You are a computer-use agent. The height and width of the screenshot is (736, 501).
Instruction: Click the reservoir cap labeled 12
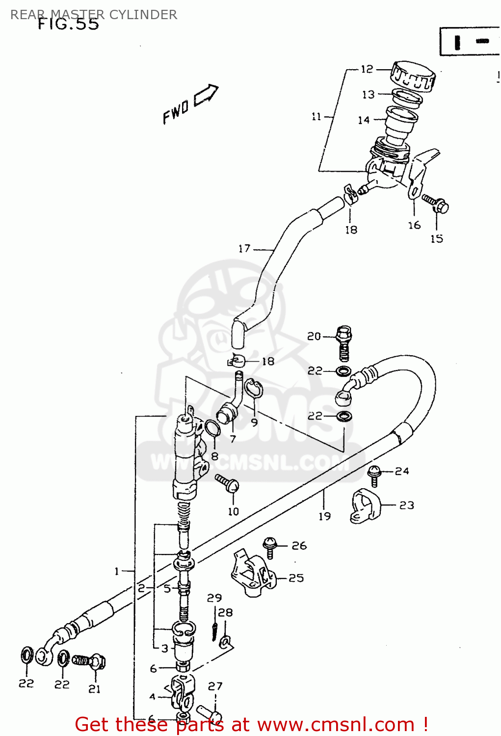[413, 76]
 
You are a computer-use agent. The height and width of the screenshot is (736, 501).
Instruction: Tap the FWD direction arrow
[206, 95]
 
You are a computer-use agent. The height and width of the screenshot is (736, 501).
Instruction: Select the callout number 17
[244, 249]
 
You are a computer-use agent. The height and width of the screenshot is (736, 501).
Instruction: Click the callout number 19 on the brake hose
[324, 516]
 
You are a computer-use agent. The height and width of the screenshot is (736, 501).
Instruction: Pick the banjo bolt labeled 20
[344, 342]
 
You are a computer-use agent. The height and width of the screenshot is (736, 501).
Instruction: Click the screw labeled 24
[374, 474]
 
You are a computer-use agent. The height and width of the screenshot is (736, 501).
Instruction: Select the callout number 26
[299, 546]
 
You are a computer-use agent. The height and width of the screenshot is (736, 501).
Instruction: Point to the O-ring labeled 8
[211, 428]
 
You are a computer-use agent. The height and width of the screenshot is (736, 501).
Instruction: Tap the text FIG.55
[69, 25]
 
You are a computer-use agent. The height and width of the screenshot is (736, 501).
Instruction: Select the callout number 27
[215, 686]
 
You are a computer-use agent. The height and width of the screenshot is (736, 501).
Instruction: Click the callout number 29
[214, 598]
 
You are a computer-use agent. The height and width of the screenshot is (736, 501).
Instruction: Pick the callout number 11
[316, 116]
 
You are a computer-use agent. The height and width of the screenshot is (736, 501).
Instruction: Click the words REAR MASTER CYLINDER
[94, 14]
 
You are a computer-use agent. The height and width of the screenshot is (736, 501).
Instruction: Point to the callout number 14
[364, 120]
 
